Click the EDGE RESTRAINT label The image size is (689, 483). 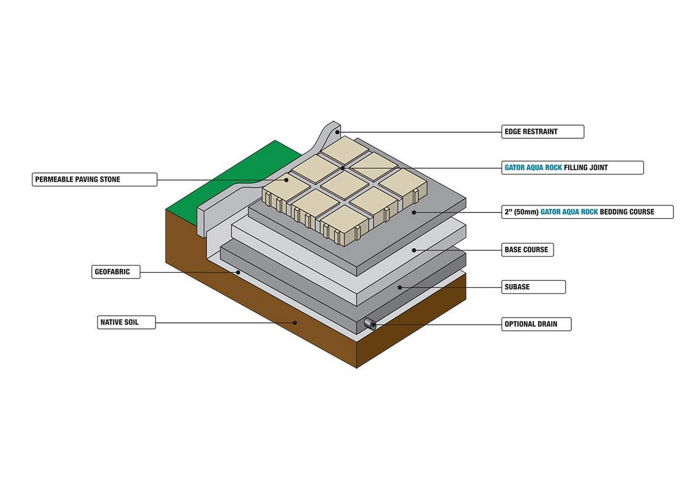click(x=542, y=132)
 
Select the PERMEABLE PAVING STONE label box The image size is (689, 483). click(x=94, y=179)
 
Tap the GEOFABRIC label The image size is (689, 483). click(x=115, y=272)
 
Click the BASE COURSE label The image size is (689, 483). click(x=527, y=250)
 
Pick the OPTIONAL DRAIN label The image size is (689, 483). click(x=536, y=325)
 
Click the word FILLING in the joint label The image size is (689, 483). click(x=579, y=168)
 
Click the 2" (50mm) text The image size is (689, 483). click(x=521, y=212)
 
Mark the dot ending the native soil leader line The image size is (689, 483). click(x=295, y=323)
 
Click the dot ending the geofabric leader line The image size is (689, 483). click(x=238, y=273)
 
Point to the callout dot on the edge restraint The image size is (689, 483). click(x=338, y=132)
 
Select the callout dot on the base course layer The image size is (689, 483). click(x=414, y=250)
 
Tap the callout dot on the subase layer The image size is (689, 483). click(x=399, y=287)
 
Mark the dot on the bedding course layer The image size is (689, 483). click(x=414, y=212)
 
